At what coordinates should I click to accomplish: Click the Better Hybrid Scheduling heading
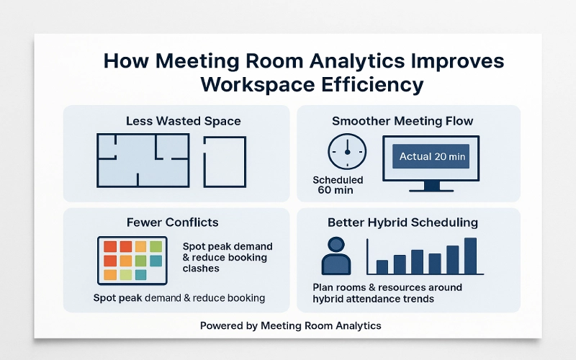(x=402, y=222)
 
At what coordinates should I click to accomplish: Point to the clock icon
(x=346, y=153)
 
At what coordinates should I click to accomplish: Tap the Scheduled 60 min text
(x=338, y=186)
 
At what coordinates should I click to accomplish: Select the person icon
(x=336, y=256)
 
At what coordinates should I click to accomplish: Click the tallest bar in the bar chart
(x=470, y=256)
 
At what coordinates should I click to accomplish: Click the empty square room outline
(x=225, y=162)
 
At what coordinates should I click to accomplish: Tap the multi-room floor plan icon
(x=143, y=159)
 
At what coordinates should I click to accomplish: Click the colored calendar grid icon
(x=132, y=260)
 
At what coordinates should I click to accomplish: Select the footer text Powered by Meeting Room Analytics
(x=290, y=325)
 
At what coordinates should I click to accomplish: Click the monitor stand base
(x=431, y=190)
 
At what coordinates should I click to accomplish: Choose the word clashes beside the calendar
(x=201, y=268)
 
